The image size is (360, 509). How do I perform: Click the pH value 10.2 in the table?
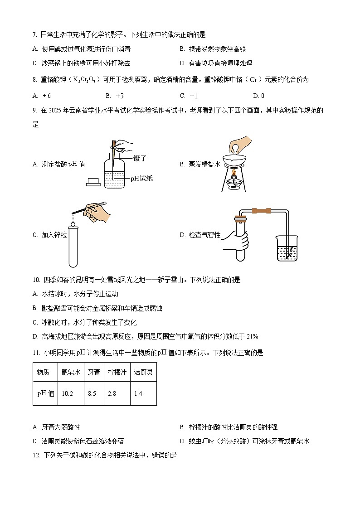67,393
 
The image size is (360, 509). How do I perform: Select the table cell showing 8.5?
92,393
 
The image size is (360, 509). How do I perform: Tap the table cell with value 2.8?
112,393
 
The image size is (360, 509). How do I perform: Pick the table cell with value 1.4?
138,393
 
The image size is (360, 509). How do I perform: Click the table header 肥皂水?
71,372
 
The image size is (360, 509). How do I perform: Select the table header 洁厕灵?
143,372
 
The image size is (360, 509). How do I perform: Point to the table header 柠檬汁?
117,372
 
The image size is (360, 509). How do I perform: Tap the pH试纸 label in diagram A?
141,179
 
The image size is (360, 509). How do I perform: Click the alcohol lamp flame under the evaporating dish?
234,174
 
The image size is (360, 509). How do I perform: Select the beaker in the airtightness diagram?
287,248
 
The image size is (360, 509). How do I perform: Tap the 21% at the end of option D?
252,336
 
